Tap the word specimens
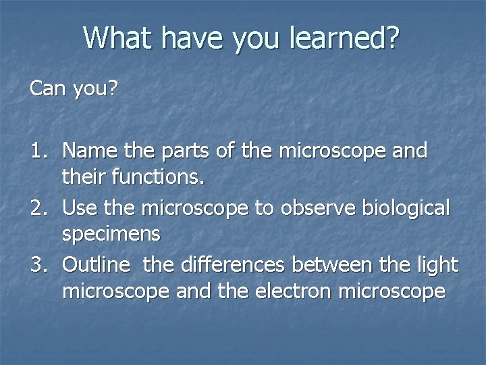click(x=111, y=235)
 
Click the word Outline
click(x=95, y=265)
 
